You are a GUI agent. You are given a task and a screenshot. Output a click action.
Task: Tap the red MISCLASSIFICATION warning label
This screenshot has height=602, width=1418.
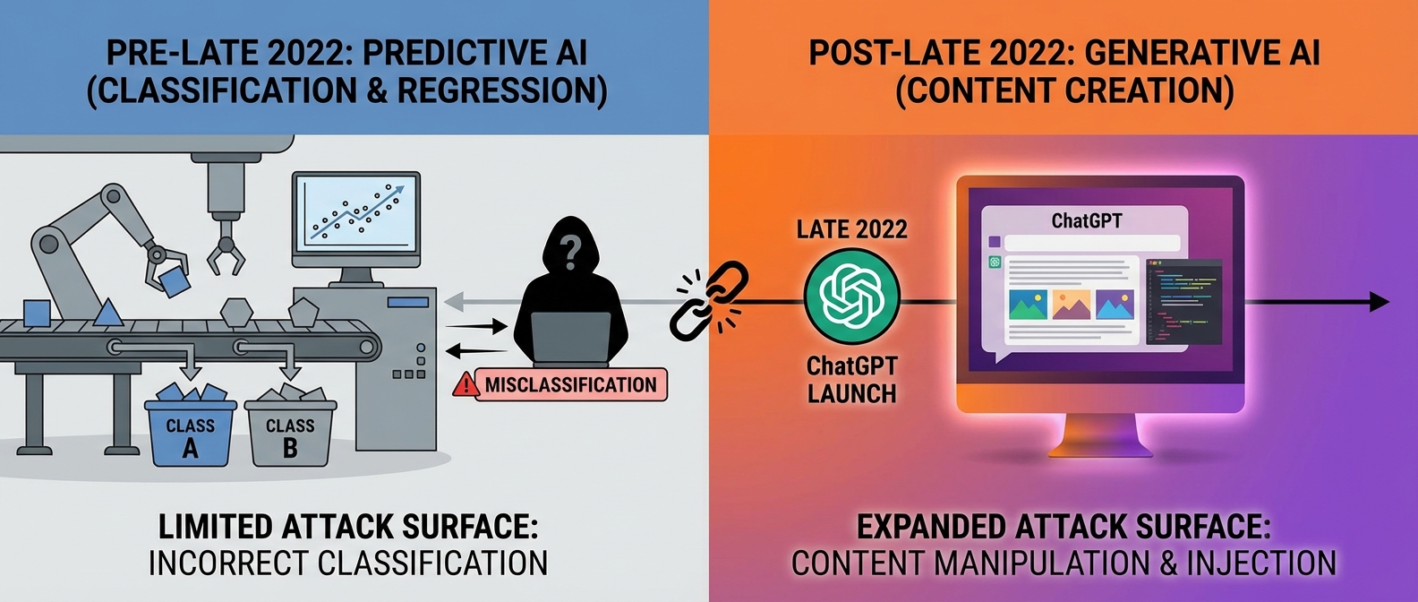570,385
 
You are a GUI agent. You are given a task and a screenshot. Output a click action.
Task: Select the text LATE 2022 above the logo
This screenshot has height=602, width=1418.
851,229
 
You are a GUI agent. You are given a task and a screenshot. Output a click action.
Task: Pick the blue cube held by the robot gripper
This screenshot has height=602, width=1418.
174,280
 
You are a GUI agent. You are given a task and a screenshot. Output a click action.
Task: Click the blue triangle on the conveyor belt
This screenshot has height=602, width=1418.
108,313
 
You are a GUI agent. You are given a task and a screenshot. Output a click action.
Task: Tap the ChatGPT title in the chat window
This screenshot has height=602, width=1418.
1086,220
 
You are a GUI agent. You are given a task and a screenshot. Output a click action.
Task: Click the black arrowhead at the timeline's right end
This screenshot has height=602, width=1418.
1379,302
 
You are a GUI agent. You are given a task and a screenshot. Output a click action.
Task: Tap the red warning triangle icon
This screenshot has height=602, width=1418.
466,385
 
